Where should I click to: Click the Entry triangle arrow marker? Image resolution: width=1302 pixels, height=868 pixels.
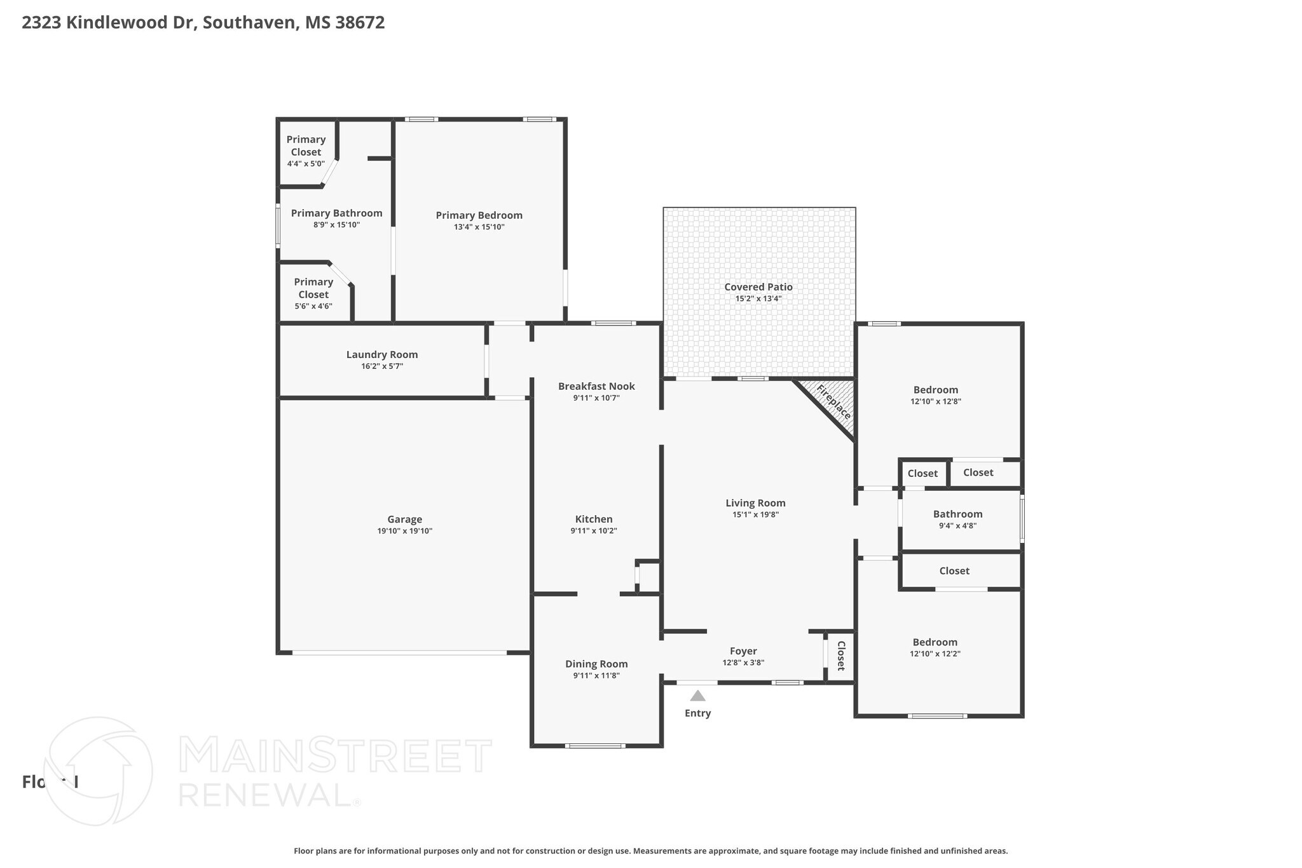(697, 696)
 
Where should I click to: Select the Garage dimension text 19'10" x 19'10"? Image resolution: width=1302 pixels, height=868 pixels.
(404, 531)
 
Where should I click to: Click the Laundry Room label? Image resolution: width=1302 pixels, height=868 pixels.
(382, 355)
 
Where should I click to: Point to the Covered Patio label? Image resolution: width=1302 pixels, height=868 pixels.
(758, 287)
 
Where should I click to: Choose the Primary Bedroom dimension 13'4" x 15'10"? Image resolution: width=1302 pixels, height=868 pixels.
(479, 227)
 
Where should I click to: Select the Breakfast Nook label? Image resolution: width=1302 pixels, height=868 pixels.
(596, 386)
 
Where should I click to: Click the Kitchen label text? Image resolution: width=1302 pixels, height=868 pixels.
(594, 519)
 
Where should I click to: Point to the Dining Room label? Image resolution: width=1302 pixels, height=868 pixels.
(596, 664)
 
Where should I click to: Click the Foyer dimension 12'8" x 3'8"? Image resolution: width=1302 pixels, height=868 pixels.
(743, 663)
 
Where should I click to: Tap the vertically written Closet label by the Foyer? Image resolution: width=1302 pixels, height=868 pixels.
(840, 656)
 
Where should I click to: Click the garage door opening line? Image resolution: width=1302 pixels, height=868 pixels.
(399, 652)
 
